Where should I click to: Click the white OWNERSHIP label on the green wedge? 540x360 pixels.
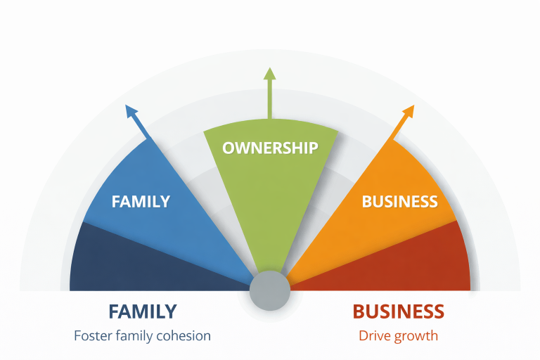point(270,148)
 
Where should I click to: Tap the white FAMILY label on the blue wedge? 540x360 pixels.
point(141,201)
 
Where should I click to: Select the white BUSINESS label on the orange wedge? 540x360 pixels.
point(399,202)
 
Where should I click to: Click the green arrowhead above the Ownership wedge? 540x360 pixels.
point(269,74)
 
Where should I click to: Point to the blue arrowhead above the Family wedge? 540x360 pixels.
point(130,111)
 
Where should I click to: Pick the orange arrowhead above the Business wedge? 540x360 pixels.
point(409,111)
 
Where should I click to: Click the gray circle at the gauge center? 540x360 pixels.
point(270,289)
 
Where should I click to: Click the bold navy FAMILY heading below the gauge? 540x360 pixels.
point(142,311)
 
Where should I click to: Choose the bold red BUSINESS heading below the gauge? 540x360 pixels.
point(398,311)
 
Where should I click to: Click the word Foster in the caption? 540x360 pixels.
point(93,335)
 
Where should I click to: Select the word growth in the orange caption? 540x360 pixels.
point(416,336)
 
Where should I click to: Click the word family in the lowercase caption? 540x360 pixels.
point(135,336)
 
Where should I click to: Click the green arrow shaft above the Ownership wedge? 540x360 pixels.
point(269,102)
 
